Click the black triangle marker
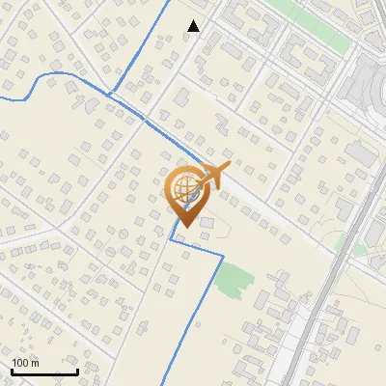click(194, 26)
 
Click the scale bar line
click(44, 372)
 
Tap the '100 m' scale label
click(25, 363)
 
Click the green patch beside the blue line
click(233, 280)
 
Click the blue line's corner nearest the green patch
click(223, 256)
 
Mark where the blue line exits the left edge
click(1, 99)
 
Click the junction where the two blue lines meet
click(110, 93)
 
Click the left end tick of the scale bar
click(12, 371)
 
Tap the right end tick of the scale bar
click(77, 371)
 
